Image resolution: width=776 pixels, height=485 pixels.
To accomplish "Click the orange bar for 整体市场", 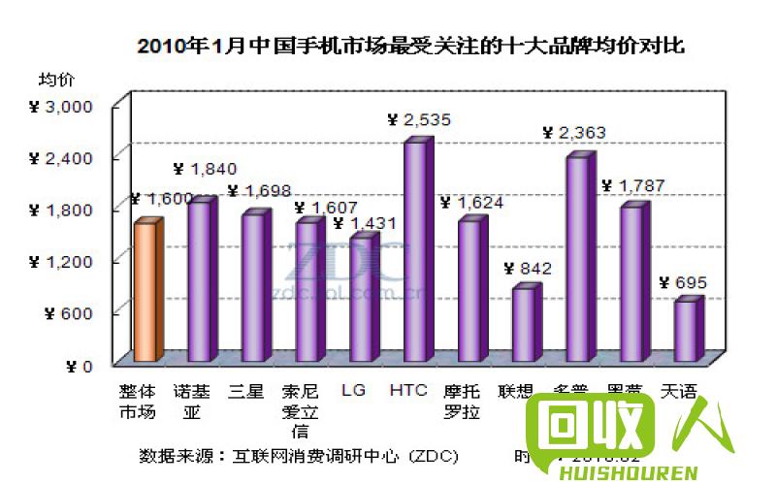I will [145, 291].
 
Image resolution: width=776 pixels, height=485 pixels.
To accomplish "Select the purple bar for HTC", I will [415, 252].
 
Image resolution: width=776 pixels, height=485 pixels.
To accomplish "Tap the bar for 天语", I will [685, 330].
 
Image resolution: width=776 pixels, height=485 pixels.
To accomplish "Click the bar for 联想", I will [523, 323].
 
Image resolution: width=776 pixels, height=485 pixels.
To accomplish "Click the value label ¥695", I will [683, 283].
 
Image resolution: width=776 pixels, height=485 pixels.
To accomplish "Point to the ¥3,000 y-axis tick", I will [60, 106].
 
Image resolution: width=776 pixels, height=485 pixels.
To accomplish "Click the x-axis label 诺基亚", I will [191, 401].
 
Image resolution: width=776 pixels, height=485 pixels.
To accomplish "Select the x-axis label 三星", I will [246, 392].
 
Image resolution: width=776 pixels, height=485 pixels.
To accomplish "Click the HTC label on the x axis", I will [407, 392].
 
